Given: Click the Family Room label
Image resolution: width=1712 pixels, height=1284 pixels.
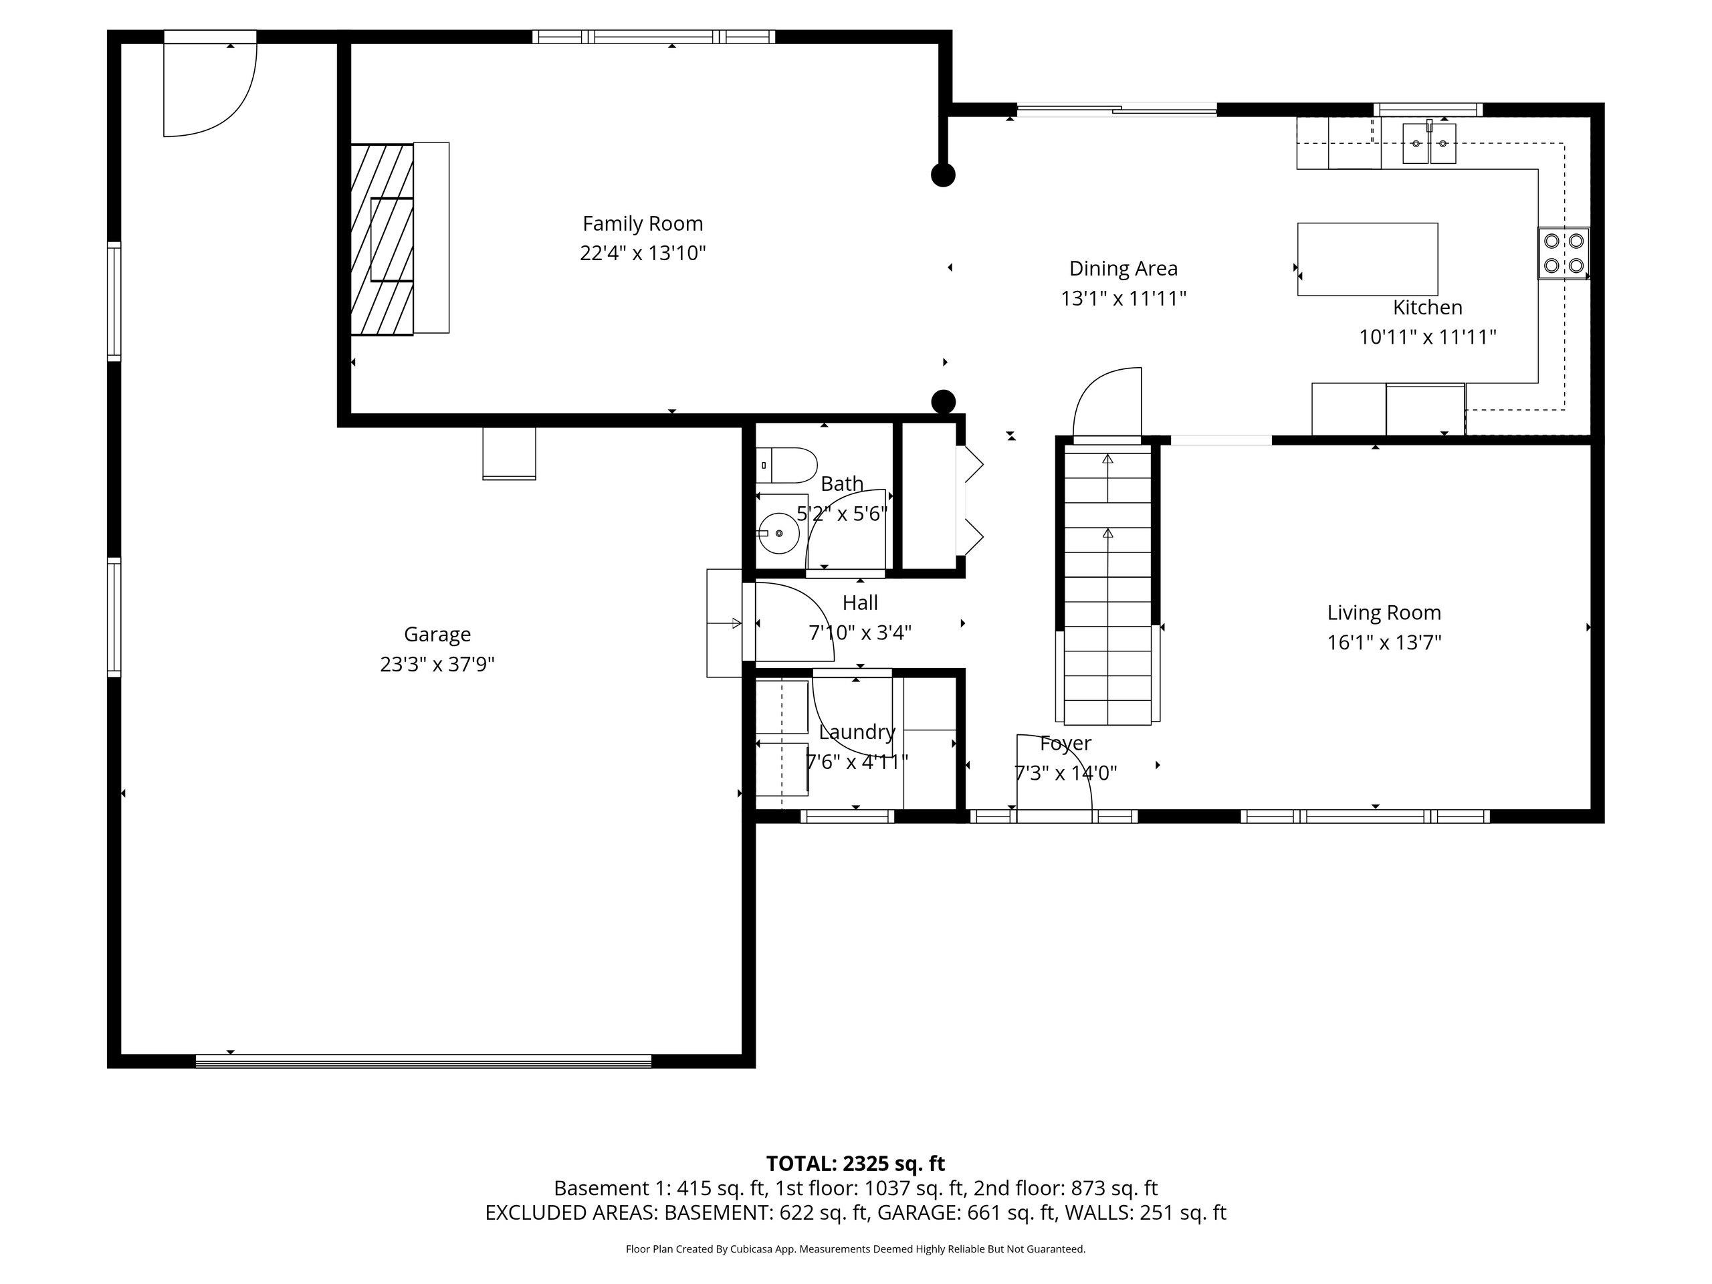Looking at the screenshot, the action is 643,223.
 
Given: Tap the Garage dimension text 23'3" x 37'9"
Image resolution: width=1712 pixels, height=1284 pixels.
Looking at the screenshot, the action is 437,664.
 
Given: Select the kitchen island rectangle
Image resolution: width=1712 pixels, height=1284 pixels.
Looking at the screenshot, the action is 1368,259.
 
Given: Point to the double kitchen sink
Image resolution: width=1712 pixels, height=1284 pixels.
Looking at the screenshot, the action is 1428,143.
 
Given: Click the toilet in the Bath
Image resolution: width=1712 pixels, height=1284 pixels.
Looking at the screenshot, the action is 786,465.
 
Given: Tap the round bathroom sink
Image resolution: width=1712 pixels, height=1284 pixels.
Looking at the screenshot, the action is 778,533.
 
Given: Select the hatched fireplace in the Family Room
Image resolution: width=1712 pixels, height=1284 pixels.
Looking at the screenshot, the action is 382,239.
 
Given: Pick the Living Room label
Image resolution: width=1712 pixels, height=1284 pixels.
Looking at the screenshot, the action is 1384,613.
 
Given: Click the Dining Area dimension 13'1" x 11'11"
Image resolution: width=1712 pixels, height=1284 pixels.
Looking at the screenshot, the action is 1123,298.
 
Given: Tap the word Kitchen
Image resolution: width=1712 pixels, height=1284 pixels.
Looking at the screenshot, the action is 1427,307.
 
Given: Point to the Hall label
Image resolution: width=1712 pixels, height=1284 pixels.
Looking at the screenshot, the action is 860,602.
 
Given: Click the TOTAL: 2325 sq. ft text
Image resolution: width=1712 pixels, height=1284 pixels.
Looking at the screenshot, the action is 855,1163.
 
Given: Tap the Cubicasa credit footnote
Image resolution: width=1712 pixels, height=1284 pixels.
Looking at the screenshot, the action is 855,1249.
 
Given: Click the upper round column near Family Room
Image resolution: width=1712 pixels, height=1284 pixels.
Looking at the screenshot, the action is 943,176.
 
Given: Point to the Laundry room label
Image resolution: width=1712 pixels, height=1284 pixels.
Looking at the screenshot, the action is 857,732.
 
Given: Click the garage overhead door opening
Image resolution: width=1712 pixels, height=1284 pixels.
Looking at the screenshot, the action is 423,1061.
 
